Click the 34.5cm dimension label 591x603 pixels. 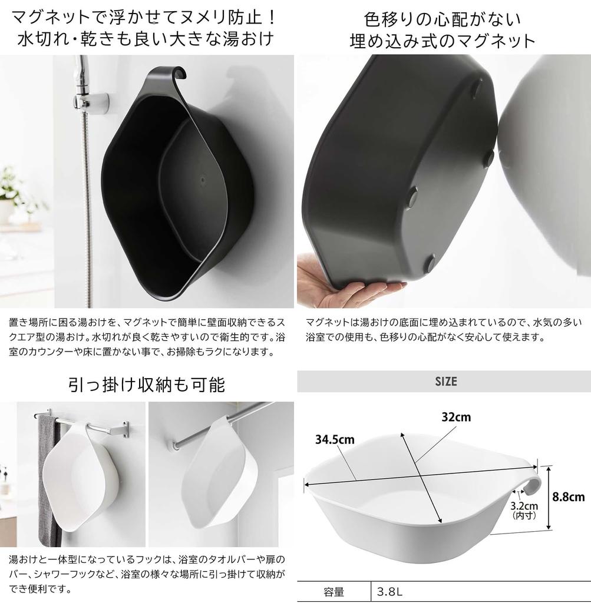point(334,439)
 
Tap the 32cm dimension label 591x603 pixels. point(456,417)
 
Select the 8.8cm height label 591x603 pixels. point(568,496)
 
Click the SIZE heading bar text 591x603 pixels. point(445,382)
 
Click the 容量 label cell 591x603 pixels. point(334,591)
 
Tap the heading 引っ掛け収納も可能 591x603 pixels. point(147,385)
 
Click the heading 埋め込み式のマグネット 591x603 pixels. point(442,41)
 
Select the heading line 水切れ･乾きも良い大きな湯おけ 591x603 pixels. point(147,39)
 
